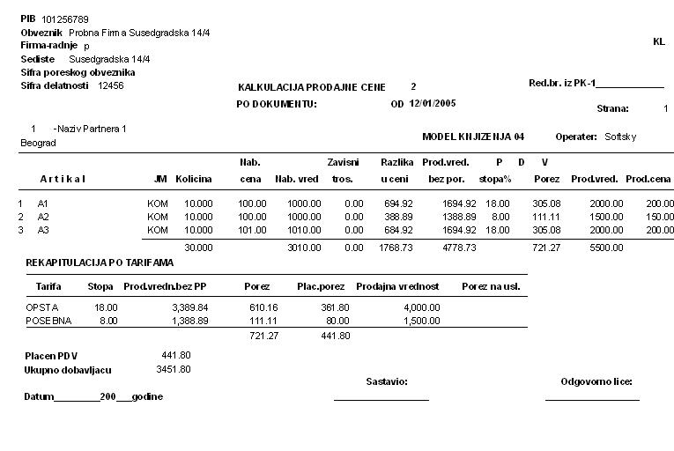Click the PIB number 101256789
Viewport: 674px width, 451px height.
tap(64, 18)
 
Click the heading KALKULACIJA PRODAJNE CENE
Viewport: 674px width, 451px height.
tap(312, 87)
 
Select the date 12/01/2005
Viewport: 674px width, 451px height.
tap(432, 103)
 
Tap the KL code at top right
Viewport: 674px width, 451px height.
tap(658, 41)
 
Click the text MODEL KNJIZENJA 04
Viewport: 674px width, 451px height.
tap(473, 137)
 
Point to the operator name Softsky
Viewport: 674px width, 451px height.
tap(620, 137)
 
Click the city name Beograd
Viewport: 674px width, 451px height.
tap(38, 142)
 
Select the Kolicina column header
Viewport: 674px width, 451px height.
tap(194, 179)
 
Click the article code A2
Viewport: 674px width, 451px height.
tap(43, 216)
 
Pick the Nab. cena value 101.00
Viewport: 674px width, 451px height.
tap(253, 229)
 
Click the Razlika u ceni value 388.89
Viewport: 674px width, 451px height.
tap(399, 216)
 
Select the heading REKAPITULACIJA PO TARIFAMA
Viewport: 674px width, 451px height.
tap(100, 262)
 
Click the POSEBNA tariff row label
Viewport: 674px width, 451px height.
tap(43, 322)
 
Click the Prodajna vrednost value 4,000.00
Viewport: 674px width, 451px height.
tap(421, 307)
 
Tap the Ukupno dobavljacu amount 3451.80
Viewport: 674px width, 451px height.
tap(174, 368)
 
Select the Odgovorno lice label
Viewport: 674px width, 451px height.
tap(596, 381)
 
